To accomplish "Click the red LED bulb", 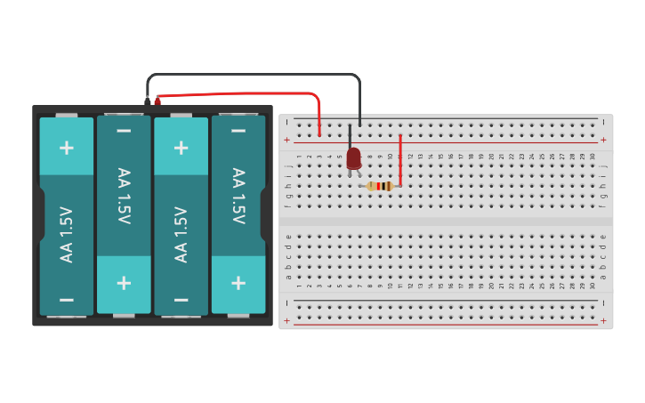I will click(x=354, y=158).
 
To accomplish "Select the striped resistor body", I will click(x=380, y=186).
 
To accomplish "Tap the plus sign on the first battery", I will click(x=67, y=147).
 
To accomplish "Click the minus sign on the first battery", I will click(x=67, y=300).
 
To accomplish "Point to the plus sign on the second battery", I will click(x=124, y=283).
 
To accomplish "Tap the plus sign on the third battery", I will click(x=181, y=147).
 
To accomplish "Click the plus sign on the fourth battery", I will click(x=238, y=283).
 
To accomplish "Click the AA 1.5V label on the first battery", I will click(x=67, y=234).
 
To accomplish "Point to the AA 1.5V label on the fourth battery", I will click(x=238, y=196).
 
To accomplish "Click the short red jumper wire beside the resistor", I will click(x=400, y=160).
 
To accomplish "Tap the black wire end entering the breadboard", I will click(x=359, y=122).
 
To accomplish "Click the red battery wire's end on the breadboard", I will click(x=319, y=133).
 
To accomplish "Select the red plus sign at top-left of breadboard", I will click(x=286, y=140).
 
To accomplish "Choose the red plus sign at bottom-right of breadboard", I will click(x=603, y=320).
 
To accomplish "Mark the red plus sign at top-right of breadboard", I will click(x=603, y=140).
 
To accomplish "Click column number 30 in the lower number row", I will click(x=593, y=286).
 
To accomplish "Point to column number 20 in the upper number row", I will click(x=492, y=157).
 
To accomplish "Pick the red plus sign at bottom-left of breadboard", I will click(x=286, y=320).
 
